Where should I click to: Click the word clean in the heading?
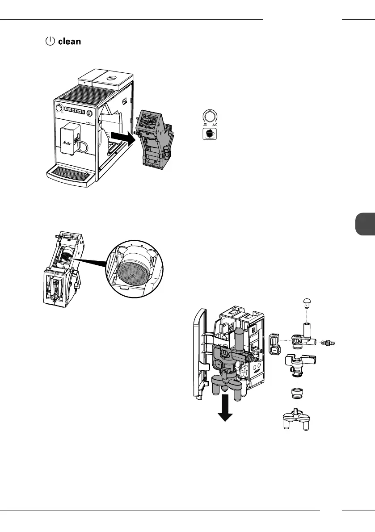(70, 42)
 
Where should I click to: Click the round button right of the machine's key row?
(89, 113)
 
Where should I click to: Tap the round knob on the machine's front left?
(59, 108)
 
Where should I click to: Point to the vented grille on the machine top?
(89, 94)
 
